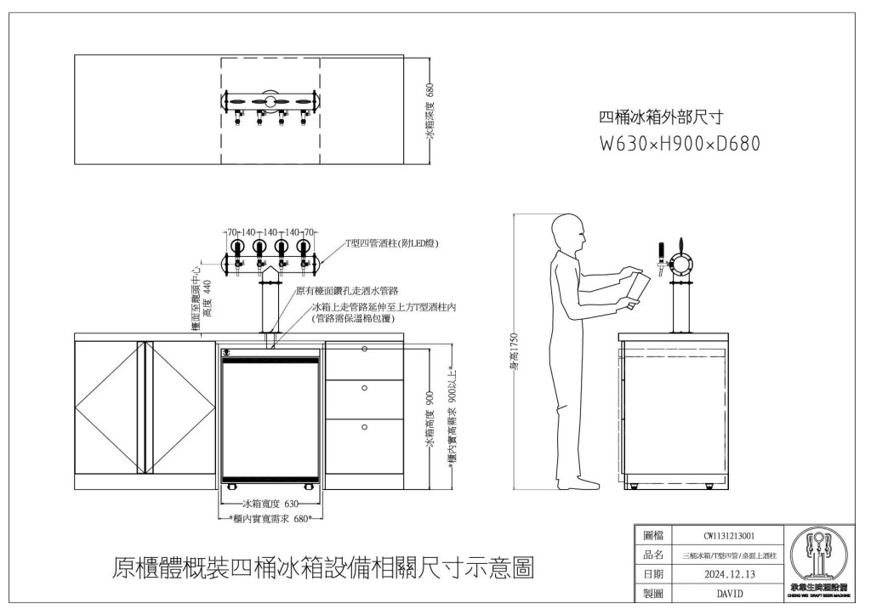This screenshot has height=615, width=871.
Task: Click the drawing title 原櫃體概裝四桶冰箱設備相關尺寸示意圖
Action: point(323,567)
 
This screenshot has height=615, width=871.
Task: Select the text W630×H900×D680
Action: point(680,144)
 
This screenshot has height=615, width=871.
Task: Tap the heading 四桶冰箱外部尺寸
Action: point(661,117)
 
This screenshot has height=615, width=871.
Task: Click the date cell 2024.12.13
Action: point(730,574)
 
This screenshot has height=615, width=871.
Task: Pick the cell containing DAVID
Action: point(730,593)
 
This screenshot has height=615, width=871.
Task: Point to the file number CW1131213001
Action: point(730,536)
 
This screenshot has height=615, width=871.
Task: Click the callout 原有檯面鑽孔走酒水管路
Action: point(347,291)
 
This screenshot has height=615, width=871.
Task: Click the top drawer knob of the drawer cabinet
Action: point(364,350)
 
